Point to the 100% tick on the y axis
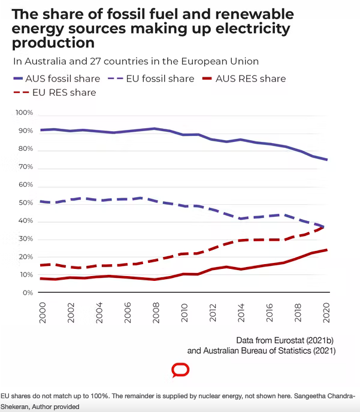click(x=24, y=113)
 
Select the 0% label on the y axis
click(x=27, y=293)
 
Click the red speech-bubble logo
click(x=180, y=370)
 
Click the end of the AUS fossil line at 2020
click(x=326, y=159)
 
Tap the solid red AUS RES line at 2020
click(x=326, y=250)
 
